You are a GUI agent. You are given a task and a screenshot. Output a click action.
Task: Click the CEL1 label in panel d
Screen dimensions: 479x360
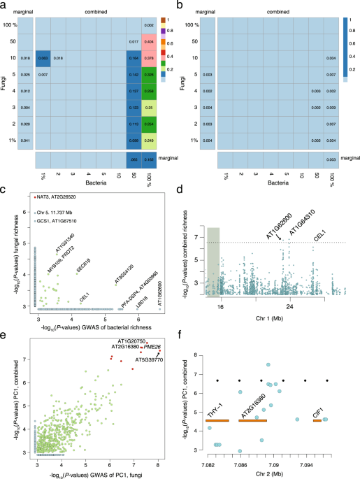tap(320, 236)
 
